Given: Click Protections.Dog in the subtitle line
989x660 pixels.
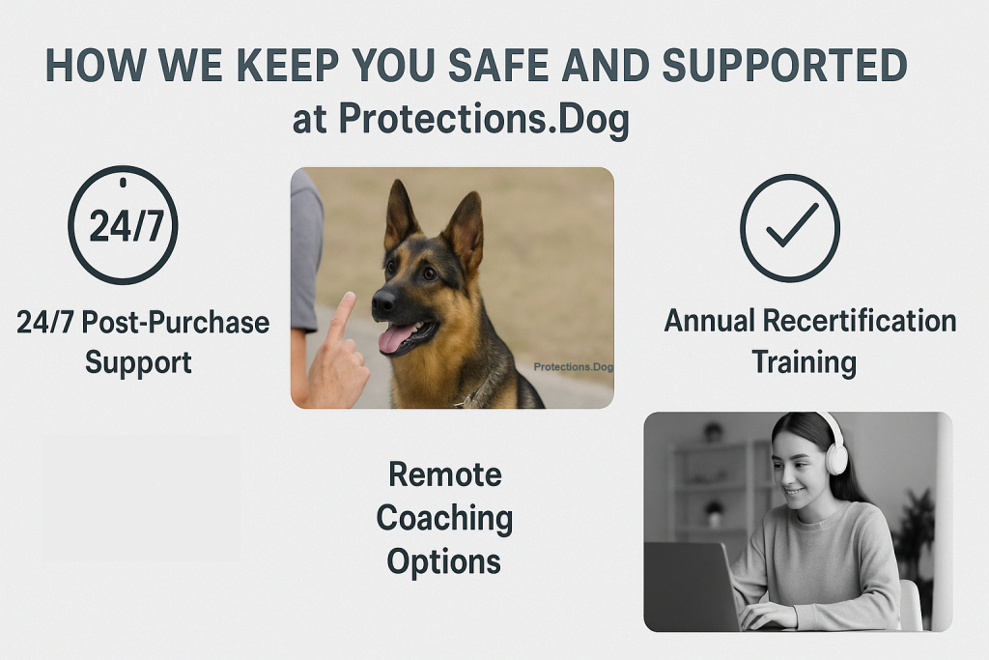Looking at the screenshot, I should pyautogui.click(x=482, y=121).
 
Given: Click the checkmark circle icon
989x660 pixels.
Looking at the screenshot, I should pyautogui.click(x=789, y=228).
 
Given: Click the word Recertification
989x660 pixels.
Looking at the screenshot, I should pyautogui.click(x=849, y=321).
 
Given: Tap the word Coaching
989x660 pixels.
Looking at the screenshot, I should pyautogui.click(x=444, y=518).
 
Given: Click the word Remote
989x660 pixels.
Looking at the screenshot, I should pyautogui.click(x=444, y=474).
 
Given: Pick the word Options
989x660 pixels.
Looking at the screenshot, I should pyautogui.click(x=444, y=561).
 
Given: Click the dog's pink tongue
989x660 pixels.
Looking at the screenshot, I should pyautogui.click(x=397, y=338).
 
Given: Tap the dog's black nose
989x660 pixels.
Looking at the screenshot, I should pyautogui.click(x=382, y=301).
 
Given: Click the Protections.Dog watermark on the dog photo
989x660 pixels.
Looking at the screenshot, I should pyautogui.click(x=573, y=367).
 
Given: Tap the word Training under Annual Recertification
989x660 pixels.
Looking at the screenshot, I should pyautogui.click(x=804, y=362).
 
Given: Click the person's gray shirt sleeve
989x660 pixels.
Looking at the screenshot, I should pyautogui.click(x=305, y=251).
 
